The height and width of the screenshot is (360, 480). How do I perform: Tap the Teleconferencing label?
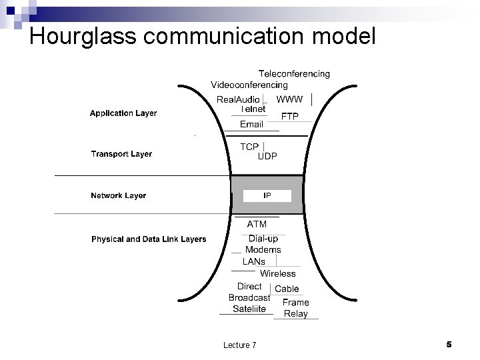294,74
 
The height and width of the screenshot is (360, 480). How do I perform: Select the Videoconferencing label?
249,85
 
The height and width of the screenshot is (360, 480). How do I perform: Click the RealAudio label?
238,100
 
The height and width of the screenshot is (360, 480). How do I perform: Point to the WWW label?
289,99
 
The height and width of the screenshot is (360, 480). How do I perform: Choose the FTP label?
289,117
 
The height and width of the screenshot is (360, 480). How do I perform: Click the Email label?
251,125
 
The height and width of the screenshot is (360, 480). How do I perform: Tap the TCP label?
249,147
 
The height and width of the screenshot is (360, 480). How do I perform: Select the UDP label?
267,156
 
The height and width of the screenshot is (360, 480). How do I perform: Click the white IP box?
267,196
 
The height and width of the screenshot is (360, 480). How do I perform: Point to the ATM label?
257,225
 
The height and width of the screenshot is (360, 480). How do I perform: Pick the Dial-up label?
263,239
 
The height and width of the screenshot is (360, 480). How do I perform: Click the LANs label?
253,261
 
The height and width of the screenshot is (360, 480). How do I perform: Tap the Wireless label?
277,273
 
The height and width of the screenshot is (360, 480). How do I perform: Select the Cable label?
287,289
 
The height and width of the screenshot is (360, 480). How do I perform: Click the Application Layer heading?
123,113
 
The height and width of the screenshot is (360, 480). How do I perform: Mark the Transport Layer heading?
121,154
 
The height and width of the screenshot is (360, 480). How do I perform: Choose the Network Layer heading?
118,196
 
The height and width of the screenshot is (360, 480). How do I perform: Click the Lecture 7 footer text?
239,345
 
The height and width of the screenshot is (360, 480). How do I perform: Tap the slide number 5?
449,344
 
